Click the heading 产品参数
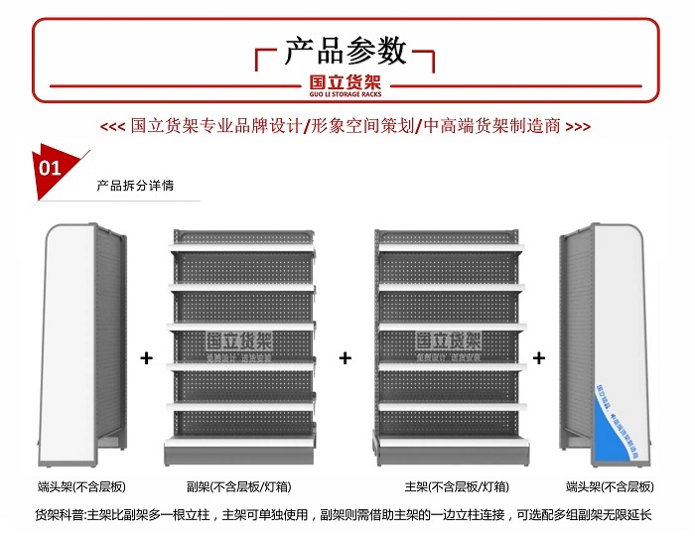(x=346, y=50)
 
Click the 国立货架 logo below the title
(x=346, y=84)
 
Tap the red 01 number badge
(x=50, y=168)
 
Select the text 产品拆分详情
(x=135, y=185)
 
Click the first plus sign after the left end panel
(x=147, y=357)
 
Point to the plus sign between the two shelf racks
(x=346, y=357)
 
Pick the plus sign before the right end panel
(x=539, y=357)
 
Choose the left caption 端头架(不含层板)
(x=82, y=486)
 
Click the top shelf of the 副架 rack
(x=240, y=244)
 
